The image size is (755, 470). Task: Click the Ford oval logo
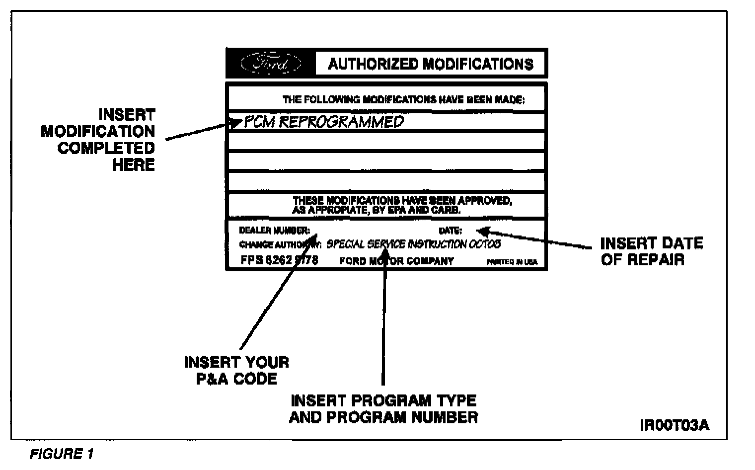[271, 64]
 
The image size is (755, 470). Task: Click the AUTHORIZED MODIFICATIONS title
[431, 64]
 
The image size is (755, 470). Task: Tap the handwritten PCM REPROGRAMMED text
[323, 122]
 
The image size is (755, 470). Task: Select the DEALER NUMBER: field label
[274, 231]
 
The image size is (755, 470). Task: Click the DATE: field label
[450, 231]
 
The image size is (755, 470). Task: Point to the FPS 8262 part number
[279, 260]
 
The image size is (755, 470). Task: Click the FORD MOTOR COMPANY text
[396, 261]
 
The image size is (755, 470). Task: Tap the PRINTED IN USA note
[518, 262]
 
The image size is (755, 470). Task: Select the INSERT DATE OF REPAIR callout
[651, 251]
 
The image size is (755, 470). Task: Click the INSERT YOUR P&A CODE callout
[236, 370]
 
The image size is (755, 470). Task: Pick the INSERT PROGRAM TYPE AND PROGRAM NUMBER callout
[383, 408]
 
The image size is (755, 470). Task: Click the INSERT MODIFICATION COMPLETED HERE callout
[98, 140]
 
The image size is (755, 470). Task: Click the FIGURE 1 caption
[62, 454]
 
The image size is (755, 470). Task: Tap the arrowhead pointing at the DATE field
[482, 231]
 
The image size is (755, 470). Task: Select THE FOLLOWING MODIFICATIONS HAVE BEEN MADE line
[403, 99]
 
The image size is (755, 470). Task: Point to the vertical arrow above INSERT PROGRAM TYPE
[383, 323]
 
